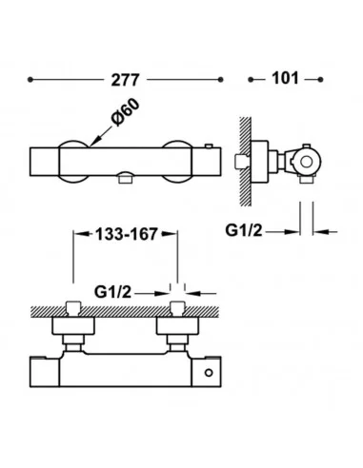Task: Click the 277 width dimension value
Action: pyautogui.click(x=125, y=80)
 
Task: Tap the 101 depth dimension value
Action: pyautogui.click(x=285, y=78)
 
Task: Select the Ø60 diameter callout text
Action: pyautogui.click(x=125, y=112)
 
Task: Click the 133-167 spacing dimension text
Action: pyautogui.click(x=127, y=234)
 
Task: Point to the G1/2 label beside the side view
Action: pyautogui.click(x=244, y=230)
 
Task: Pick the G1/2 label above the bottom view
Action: pyautogui.click(x=112, y=292)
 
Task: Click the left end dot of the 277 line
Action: pyautogui.click(x=30, y=80)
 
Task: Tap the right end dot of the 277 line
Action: pyautogui.click(x=220, y=80)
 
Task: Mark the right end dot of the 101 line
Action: pyautogui.click(x=320, y=79)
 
